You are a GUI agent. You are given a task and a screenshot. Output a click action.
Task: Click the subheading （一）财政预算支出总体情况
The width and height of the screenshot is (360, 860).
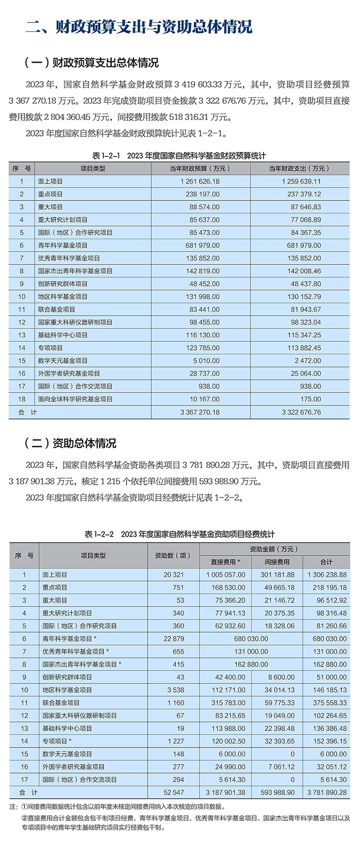(91, 62)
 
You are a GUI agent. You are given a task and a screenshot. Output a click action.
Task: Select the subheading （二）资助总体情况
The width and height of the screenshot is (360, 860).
(70, 443)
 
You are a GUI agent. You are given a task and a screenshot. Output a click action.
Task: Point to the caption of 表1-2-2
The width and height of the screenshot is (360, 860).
(179, 534)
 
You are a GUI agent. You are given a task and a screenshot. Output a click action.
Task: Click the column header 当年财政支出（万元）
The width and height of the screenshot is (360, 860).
(299, 168)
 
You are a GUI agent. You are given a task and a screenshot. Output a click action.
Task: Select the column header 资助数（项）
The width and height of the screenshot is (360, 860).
(173, 555)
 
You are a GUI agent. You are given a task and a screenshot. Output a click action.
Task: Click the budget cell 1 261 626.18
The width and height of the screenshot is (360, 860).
(200, 181)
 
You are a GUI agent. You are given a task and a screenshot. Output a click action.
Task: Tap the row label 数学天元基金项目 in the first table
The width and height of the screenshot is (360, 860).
(62, 360)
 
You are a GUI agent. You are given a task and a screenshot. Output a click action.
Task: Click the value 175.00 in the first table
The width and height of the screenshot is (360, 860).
(310, 399)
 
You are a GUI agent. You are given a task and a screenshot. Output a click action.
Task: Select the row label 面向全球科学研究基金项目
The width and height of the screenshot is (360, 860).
(75, 399)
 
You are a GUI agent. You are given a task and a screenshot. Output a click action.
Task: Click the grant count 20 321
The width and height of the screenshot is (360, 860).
(173, 575)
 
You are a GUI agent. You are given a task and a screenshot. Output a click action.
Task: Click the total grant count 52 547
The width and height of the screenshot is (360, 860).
(173, 792)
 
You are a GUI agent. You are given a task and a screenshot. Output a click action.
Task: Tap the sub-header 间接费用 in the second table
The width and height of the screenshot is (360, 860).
(276, 562)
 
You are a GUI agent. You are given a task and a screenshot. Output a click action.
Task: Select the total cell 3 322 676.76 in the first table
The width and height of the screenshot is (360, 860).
(301, 412)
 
